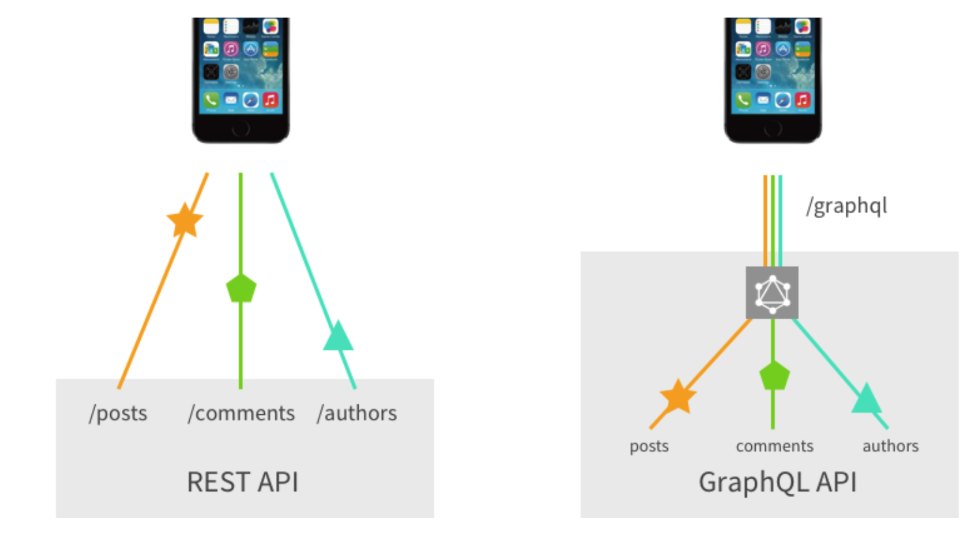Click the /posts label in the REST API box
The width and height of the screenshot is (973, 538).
pos(118,413)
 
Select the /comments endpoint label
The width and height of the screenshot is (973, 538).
pos(241,413)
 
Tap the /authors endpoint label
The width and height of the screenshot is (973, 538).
pos(357,413)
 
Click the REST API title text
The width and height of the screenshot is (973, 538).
pos(243,482)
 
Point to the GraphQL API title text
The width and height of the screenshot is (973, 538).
pos(777,482)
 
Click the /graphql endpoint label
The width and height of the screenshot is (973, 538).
pos(846,206)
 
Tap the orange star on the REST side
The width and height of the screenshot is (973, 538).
pos(185,220)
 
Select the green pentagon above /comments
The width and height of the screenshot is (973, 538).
pos(241,288)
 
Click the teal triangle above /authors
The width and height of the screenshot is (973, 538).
pos(338,337)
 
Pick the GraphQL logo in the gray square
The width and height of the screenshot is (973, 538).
pos(772,292)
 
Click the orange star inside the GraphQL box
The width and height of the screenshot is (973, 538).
pos(678,397)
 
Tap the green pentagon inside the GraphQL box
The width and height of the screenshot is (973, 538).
pos(774,376)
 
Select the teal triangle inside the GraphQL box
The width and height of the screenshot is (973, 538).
pos(867,399)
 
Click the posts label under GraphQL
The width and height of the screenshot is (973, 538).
pos(649,446)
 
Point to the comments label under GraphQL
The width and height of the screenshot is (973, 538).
pos(775,446)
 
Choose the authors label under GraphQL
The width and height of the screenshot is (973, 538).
pos(890,446)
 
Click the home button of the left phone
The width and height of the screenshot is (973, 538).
pos(241,128)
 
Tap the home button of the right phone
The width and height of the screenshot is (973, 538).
pos(773,128)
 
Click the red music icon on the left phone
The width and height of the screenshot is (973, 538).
pos(270,100)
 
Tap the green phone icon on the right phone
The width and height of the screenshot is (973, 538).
pos(743,100)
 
